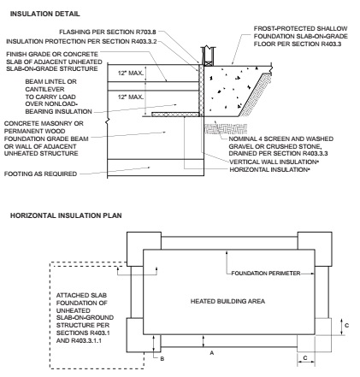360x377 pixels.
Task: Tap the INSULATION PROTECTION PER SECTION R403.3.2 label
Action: pos(82,40)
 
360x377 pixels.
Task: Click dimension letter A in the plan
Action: pos(206,350)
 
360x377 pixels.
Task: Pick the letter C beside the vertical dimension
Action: pos(346,325)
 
